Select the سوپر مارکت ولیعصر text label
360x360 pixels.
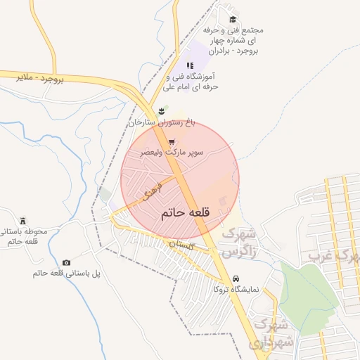click(172, 152)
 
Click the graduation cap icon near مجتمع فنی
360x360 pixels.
click(233, 20)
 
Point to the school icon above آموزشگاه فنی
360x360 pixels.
click(190, 65)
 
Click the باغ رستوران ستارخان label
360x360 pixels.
click(161, 123)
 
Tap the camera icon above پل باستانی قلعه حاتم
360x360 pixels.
click(66, 262)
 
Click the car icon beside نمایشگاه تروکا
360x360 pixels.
click(236, 278)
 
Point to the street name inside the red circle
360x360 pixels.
click(151, 190)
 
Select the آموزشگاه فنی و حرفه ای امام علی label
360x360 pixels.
click(189, 81)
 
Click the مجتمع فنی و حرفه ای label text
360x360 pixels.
click(232, 41)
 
